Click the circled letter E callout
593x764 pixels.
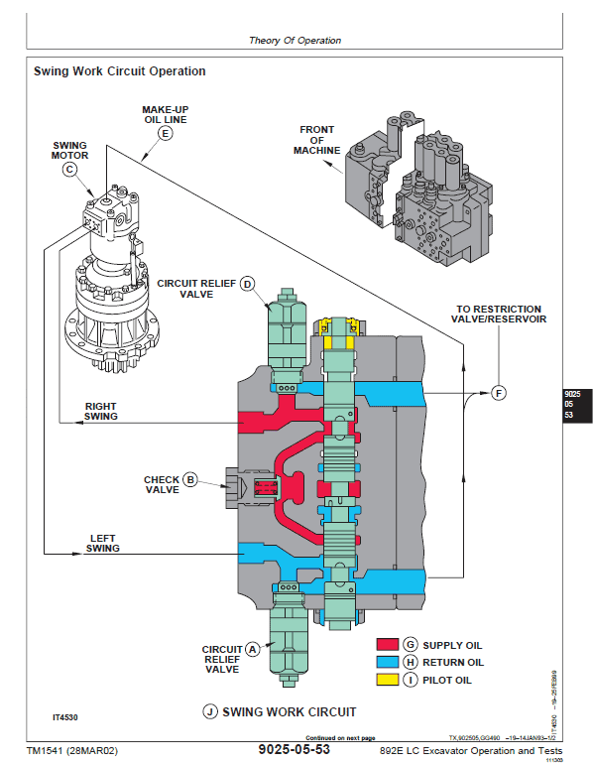[x=166, y=132]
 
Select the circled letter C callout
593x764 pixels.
[x=69, y=169]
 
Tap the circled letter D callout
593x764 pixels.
[x=249, y=286]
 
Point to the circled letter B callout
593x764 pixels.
[x=191, y=479]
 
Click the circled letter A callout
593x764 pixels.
[x=252, y=648]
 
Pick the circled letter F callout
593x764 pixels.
[x=499, y=393]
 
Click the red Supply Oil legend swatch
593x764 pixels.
[x=387, y=645]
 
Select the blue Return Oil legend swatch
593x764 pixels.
[x=387, y=662]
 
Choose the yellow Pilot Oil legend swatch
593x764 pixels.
[x=387, y=680]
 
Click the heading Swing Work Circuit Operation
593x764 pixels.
[x=120, y=71]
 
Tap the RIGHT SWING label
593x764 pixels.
[x=101, y=411]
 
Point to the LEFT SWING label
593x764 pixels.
[x=102, y=543]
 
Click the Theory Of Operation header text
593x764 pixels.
[x=295, y=41]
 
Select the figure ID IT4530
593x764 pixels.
[x=66, y=715]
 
